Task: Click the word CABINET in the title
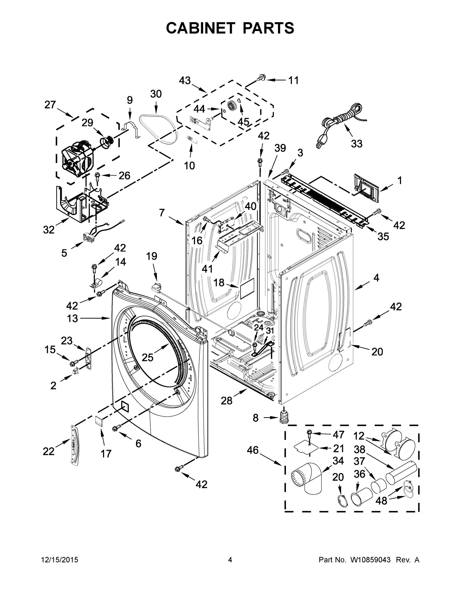point(200,28)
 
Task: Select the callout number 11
point(294,80)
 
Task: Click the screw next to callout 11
point(261,78)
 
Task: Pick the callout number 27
point(50,105)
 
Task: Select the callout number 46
point(252,450)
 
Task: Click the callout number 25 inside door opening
point(148,357)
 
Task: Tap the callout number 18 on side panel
point(218,283)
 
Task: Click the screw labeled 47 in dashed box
point(309,433)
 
